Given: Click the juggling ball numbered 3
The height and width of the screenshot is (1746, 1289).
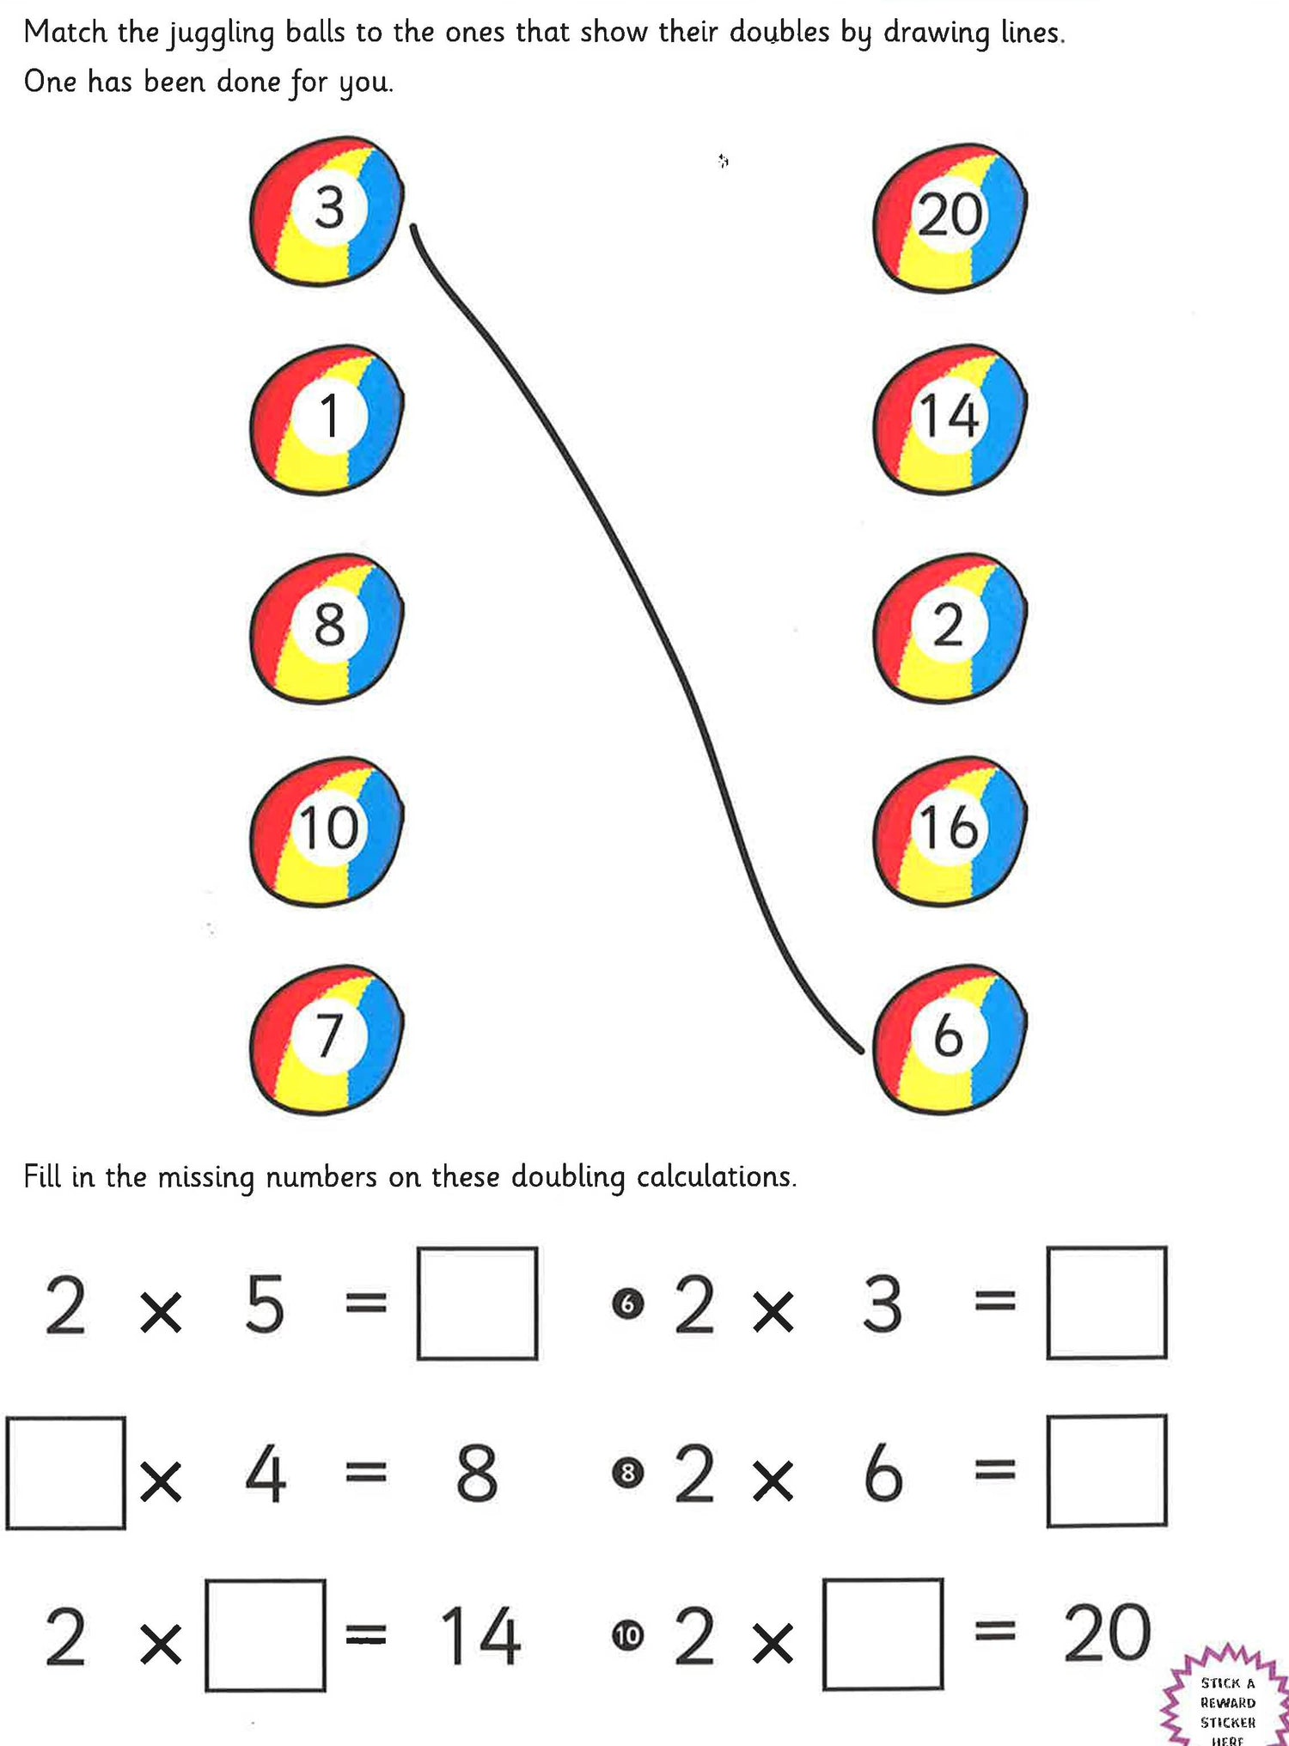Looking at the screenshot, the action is (327, 211).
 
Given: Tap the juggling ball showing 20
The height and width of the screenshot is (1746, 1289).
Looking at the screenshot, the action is (949, 217).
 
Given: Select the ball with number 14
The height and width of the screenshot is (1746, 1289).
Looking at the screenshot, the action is (949, 418).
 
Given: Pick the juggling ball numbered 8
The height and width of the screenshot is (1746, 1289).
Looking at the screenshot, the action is (327, 628).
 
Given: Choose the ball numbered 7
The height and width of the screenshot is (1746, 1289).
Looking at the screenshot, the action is (327, 1039).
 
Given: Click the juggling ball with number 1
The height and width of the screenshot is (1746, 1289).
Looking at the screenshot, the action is (327, 418).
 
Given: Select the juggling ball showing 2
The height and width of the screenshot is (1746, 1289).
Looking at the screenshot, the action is (949, 628).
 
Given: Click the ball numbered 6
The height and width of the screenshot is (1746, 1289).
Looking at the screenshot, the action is (949, 1039).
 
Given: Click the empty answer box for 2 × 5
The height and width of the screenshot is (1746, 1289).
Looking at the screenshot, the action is (478, 1303).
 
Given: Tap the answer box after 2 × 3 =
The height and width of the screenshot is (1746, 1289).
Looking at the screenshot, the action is (1107, 1303).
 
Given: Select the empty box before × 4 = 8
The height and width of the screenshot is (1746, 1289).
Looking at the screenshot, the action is (66, 1473).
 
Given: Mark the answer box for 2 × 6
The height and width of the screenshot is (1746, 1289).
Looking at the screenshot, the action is (1107, 1471).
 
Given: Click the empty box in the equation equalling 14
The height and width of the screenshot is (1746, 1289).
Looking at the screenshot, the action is (266, 1635).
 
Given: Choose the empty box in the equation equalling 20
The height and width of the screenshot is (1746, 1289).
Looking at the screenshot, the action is (883, 1634).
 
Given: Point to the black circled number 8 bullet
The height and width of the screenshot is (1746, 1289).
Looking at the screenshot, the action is (627, 1473).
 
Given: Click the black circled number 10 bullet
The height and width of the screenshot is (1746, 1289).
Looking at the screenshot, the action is (627, 1635).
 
